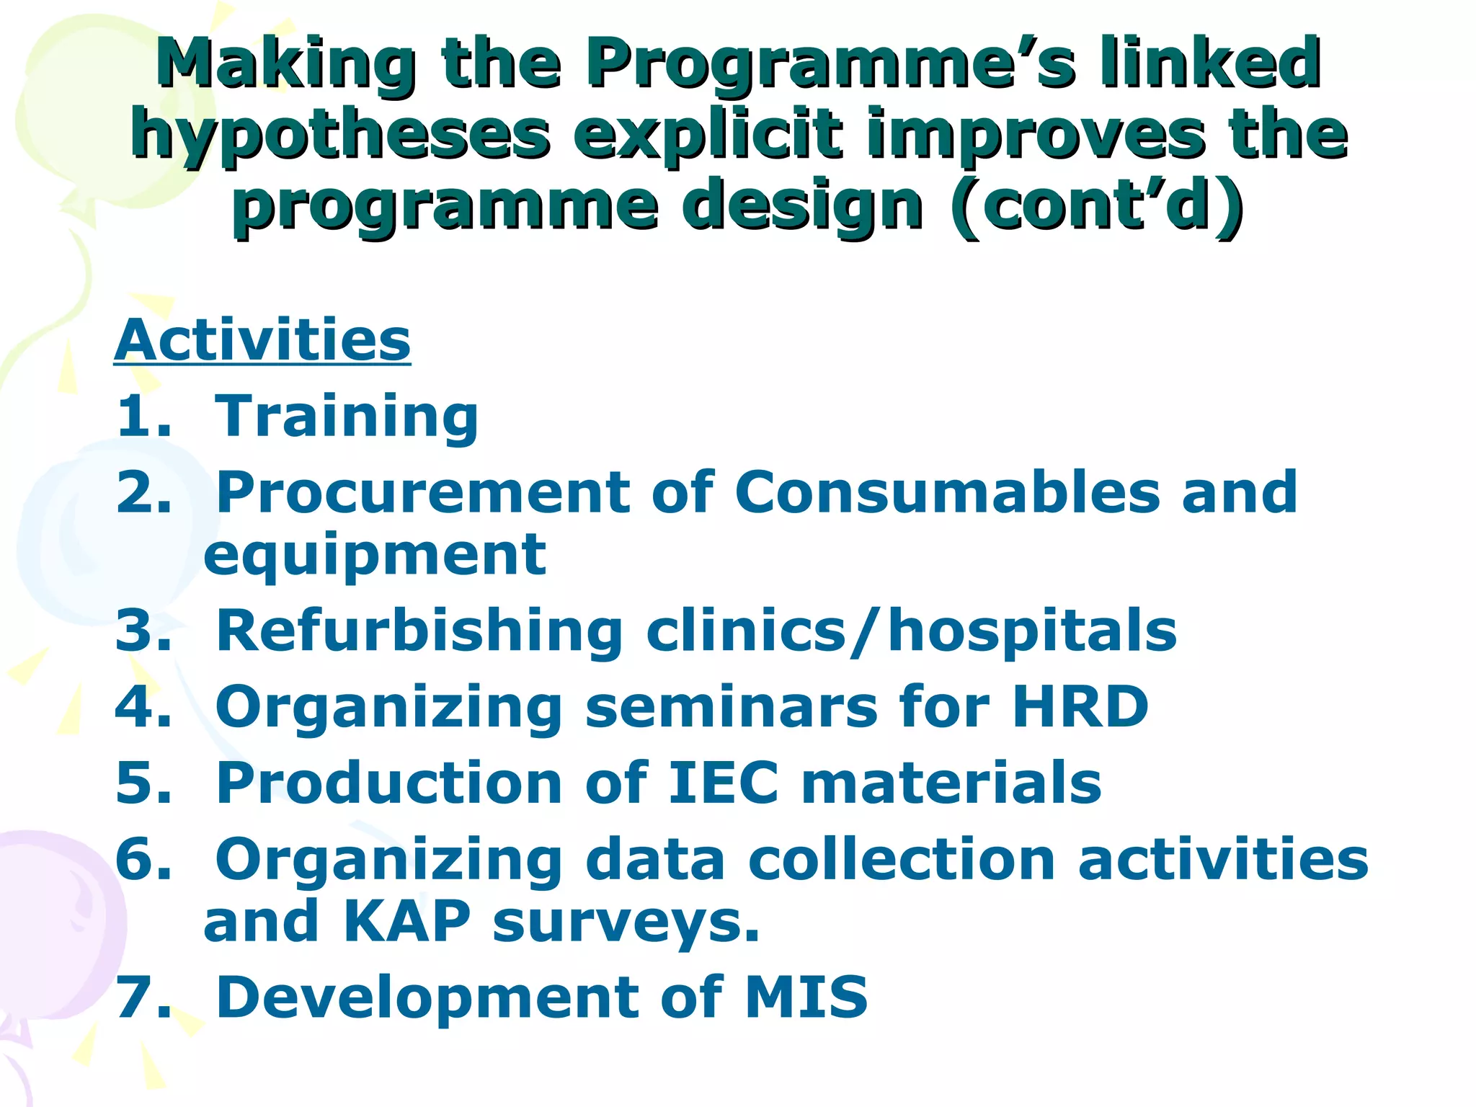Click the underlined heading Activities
point(262,340)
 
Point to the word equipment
point(375,556)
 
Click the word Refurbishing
point(419,631)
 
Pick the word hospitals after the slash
point(1032,631)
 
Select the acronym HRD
point(1080,706)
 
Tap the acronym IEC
point(724,783)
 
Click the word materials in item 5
point(951,783)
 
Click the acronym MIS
point(806,997)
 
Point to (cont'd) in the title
point(1097,206)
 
